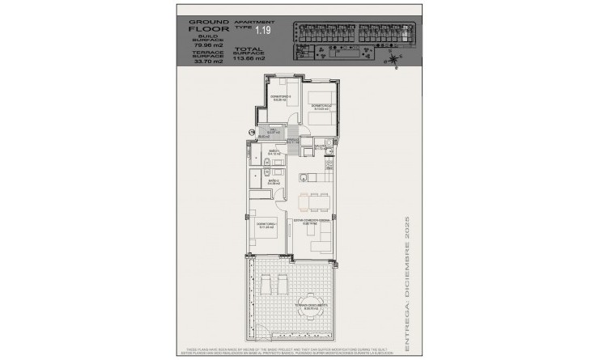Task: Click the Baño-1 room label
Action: [274, 151]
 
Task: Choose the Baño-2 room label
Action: [274, 182]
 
